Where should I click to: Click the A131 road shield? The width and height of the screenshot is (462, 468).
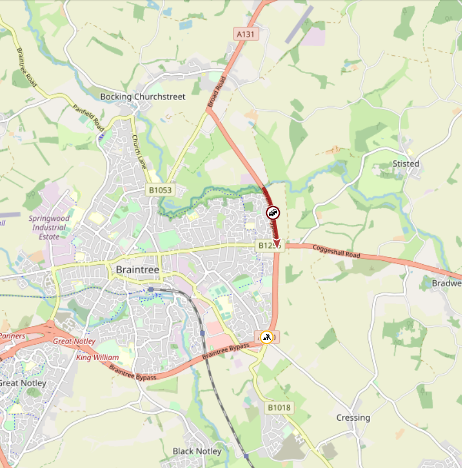247,34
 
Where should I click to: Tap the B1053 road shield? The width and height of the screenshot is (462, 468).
159,190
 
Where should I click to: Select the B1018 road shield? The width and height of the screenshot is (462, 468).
279,407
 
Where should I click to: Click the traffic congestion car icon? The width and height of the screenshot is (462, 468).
272,213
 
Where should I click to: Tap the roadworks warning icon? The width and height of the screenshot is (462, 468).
266,337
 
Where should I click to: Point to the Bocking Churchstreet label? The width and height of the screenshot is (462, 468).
143,96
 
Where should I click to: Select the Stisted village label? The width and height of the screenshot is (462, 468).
405,164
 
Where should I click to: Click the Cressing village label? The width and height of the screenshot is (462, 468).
353,418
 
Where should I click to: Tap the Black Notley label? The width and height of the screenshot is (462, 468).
196,451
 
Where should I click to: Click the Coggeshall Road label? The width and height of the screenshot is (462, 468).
337,251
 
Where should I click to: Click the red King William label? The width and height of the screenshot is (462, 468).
93,357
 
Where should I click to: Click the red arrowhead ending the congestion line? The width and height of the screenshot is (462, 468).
277,244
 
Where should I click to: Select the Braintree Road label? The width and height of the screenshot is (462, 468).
27,66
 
